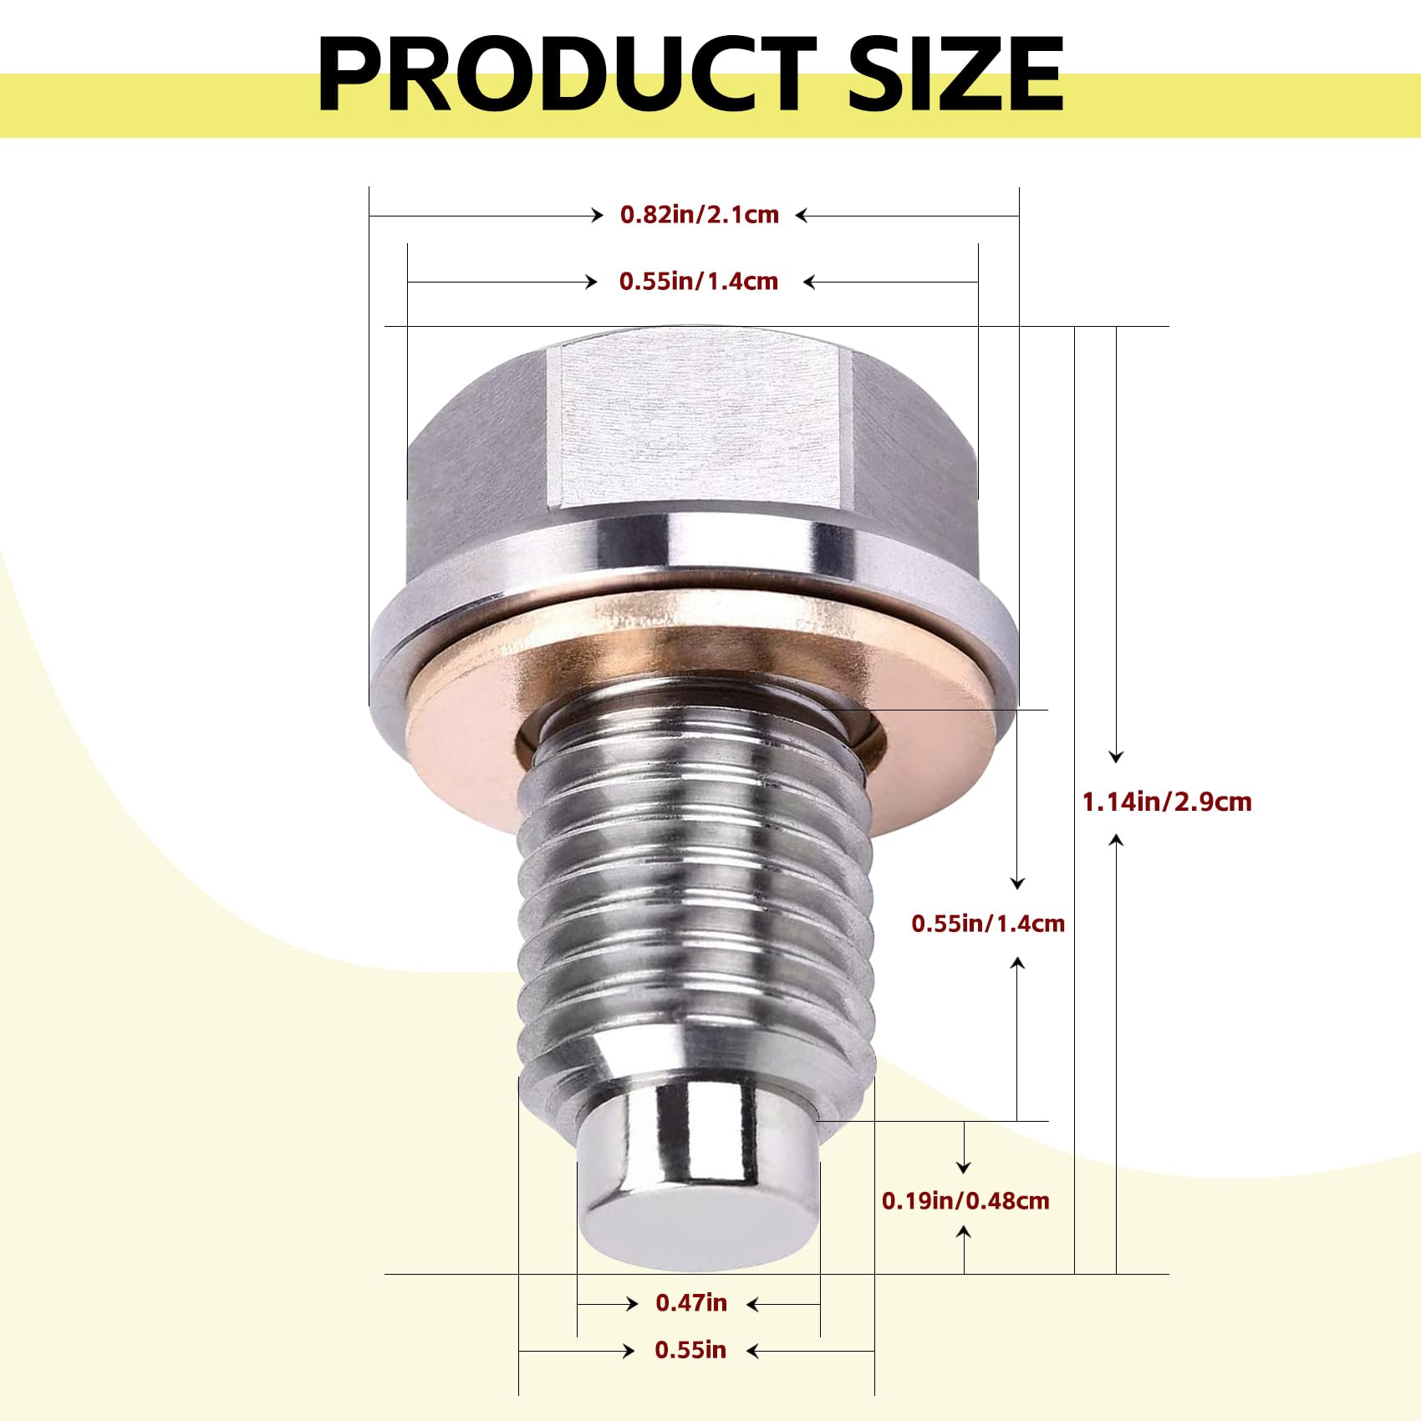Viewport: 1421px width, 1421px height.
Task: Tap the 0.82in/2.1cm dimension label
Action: (699, 215)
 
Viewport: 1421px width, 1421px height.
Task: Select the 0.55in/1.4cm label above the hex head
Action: (698, 281)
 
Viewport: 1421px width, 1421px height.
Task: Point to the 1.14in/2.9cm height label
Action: (1167, 802)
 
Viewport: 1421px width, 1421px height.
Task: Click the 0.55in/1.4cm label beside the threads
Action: (988, 924)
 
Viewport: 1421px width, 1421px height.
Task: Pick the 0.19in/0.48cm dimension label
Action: (965, 1201)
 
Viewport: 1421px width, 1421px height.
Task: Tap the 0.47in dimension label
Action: (691, 1302)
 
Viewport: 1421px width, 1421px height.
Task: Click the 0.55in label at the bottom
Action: (690, 1350)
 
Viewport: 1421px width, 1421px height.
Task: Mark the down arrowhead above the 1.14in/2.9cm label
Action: (1116, 756)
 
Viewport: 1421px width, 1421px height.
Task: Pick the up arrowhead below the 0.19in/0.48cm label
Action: (965, 1232)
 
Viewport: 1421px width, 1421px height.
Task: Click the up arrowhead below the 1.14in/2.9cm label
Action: (1116, 839)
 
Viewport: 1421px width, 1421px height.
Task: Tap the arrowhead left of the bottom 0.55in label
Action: (629, 1351)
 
